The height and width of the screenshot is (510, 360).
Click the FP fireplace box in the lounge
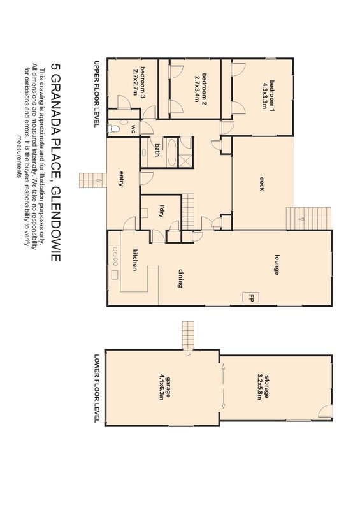250,297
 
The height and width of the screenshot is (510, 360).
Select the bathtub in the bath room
172,152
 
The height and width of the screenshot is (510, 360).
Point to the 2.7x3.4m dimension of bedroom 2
197,89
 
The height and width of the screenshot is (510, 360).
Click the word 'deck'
262,184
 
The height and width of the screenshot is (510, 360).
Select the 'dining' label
180,278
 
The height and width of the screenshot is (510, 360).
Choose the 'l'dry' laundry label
162,211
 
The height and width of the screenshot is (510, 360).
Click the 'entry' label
121,178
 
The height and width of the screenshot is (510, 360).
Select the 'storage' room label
267,387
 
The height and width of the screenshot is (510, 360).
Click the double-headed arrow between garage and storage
224,386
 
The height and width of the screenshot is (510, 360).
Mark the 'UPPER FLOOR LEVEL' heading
96,94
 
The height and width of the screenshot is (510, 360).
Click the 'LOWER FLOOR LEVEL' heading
96,389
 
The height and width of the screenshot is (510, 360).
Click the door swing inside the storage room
325,411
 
